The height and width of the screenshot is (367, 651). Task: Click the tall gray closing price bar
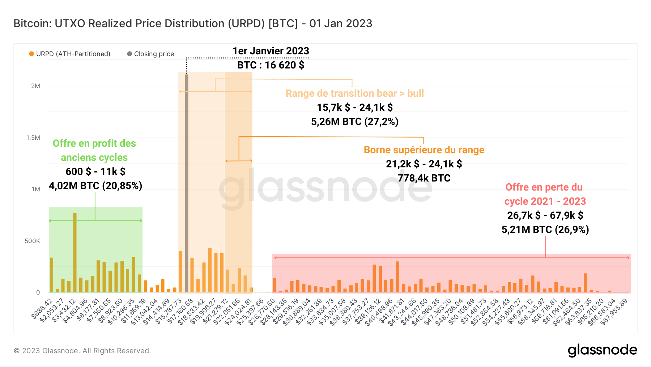[187, 181]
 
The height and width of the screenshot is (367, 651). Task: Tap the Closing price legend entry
[151, 54]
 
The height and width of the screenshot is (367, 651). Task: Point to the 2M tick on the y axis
[35, 86]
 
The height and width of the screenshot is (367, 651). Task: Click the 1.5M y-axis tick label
[33, 138]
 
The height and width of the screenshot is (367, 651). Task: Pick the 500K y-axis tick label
[33, 241]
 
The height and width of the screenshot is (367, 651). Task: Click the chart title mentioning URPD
[193, 24]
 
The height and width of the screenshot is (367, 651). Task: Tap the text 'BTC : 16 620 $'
[271, 65]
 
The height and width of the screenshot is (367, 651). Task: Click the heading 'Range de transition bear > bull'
[354, 93]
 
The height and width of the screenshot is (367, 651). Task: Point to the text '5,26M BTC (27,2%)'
[354, 122]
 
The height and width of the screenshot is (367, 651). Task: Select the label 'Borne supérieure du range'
[424, 150]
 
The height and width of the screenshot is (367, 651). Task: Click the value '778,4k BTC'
[424, 178]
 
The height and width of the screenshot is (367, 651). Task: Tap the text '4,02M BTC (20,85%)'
[95, 186]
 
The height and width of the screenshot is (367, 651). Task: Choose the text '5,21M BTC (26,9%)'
[545, 230]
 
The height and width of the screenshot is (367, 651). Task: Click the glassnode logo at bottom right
[602, 350]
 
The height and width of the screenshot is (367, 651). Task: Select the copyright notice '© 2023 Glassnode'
[82, 351]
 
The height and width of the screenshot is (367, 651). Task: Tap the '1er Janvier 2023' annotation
[271, 51]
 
